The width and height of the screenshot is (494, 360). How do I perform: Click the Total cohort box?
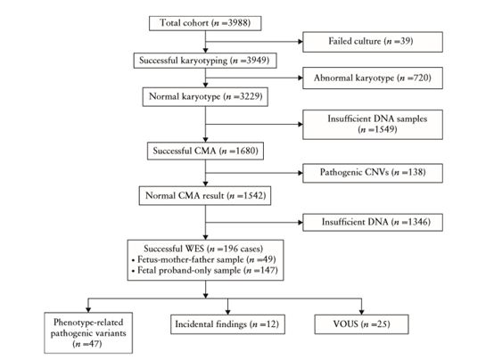pyautogui.click(x=205, y=23)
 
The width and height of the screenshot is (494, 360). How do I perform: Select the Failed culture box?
pyautogui.click(x=373, y=42)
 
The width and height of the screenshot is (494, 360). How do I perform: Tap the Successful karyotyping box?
pyautogui.click(x=205, y=61)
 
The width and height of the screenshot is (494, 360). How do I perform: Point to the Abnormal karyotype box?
pyautogui.click(x=373, y=78)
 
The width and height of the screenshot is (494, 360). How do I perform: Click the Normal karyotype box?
pyautogui.click(x=205, y=97)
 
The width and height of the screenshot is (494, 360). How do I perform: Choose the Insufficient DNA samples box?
pyautogui.click(x=373, y=125)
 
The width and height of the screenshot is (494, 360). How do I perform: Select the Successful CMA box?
pyautogui.click(x=205, y=151)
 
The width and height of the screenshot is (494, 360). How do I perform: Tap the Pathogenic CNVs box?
pyautogui.click(x=373, y=173)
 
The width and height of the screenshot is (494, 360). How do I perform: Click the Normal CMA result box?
pyautogui.click(x=205, y=195)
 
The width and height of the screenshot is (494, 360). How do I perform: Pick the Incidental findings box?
pyautogui.click(x=227, y=324)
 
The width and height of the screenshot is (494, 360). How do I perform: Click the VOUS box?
pyautogui.click(x=361, y=324)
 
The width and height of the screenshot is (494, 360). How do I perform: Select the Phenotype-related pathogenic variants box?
pyautogui.click(x=88, y=332)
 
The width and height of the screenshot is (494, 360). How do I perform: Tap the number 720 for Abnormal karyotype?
pyautogui.click(x=421, y=78)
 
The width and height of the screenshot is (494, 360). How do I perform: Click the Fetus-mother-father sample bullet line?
pyautogui.click(x=204, y=260)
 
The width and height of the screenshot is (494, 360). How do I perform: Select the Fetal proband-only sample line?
pyautogui.click(x=205, y=271)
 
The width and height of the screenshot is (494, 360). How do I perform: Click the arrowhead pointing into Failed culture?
pyautogui.click(x=301, y=41)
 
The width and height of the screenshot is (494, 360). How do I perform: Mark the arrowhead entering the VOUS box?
pyautogui.click(x=361, y=312)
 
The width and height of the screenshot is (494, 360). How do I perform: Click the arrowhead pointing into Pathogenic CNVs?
pyautogui.click(x=301, y=173)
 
